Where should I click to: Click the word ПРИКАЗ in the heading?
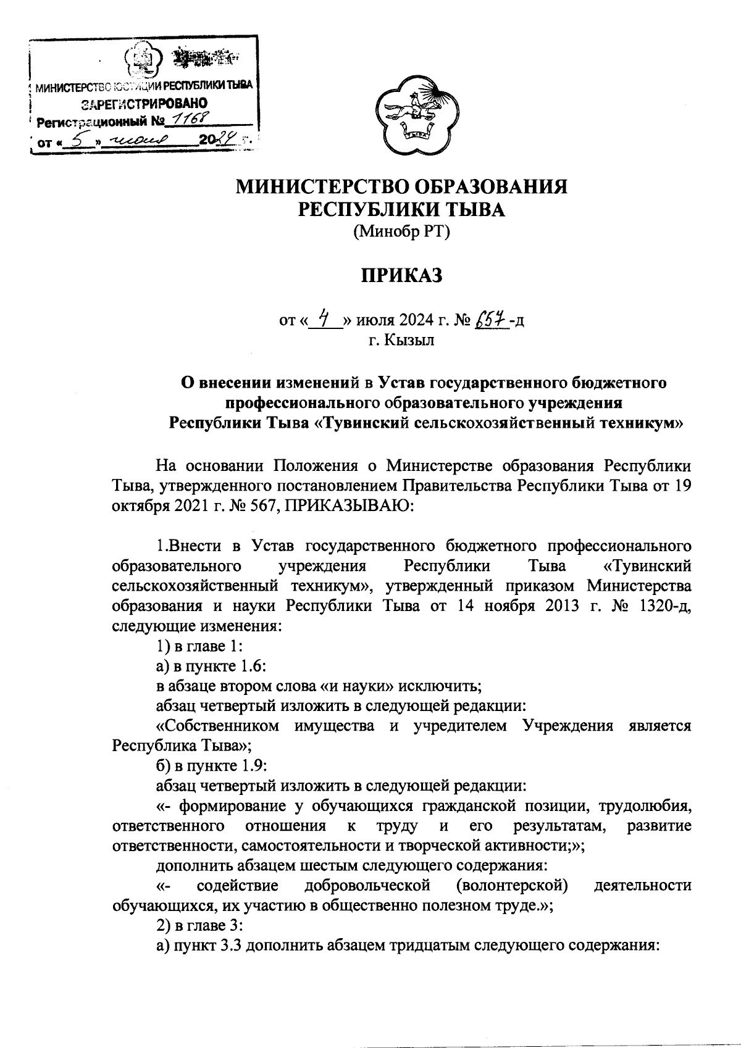click(x=402, y=276)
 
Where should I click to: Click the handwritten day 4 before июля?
click(x=324, y=320)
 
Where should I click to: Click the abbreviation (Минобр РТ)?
click(x=402, y=232)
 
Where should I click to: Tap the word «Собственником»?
click(x=217, y=725)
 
